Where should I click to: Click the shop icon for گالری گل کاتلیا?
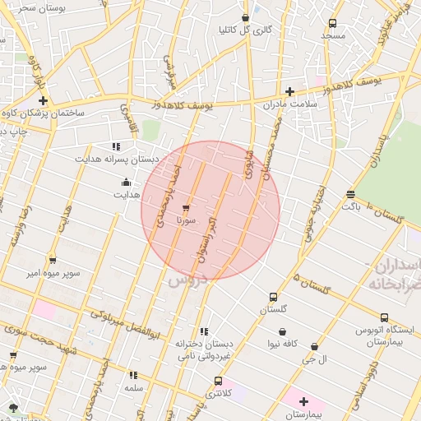246,18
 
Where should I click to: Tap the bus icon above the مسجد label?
332,24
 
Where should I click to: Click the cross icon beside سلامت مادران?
289,92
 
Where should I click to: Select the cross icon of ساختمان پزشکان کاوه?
43,100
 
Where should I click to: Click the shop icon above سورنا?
185,207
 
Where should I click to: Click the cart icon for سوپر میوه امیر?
53,260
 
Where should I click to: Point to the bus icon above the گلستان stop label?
273,297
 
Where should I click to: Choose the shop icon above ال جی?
314,347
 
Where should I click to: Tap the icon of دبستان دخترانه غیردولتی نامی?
204,331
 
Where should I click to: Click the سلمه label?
133,386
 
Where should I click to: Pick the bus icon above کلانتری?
218,381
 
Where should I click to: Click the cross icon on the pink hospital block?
303,401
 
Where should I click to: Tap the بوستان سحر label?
34,7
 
